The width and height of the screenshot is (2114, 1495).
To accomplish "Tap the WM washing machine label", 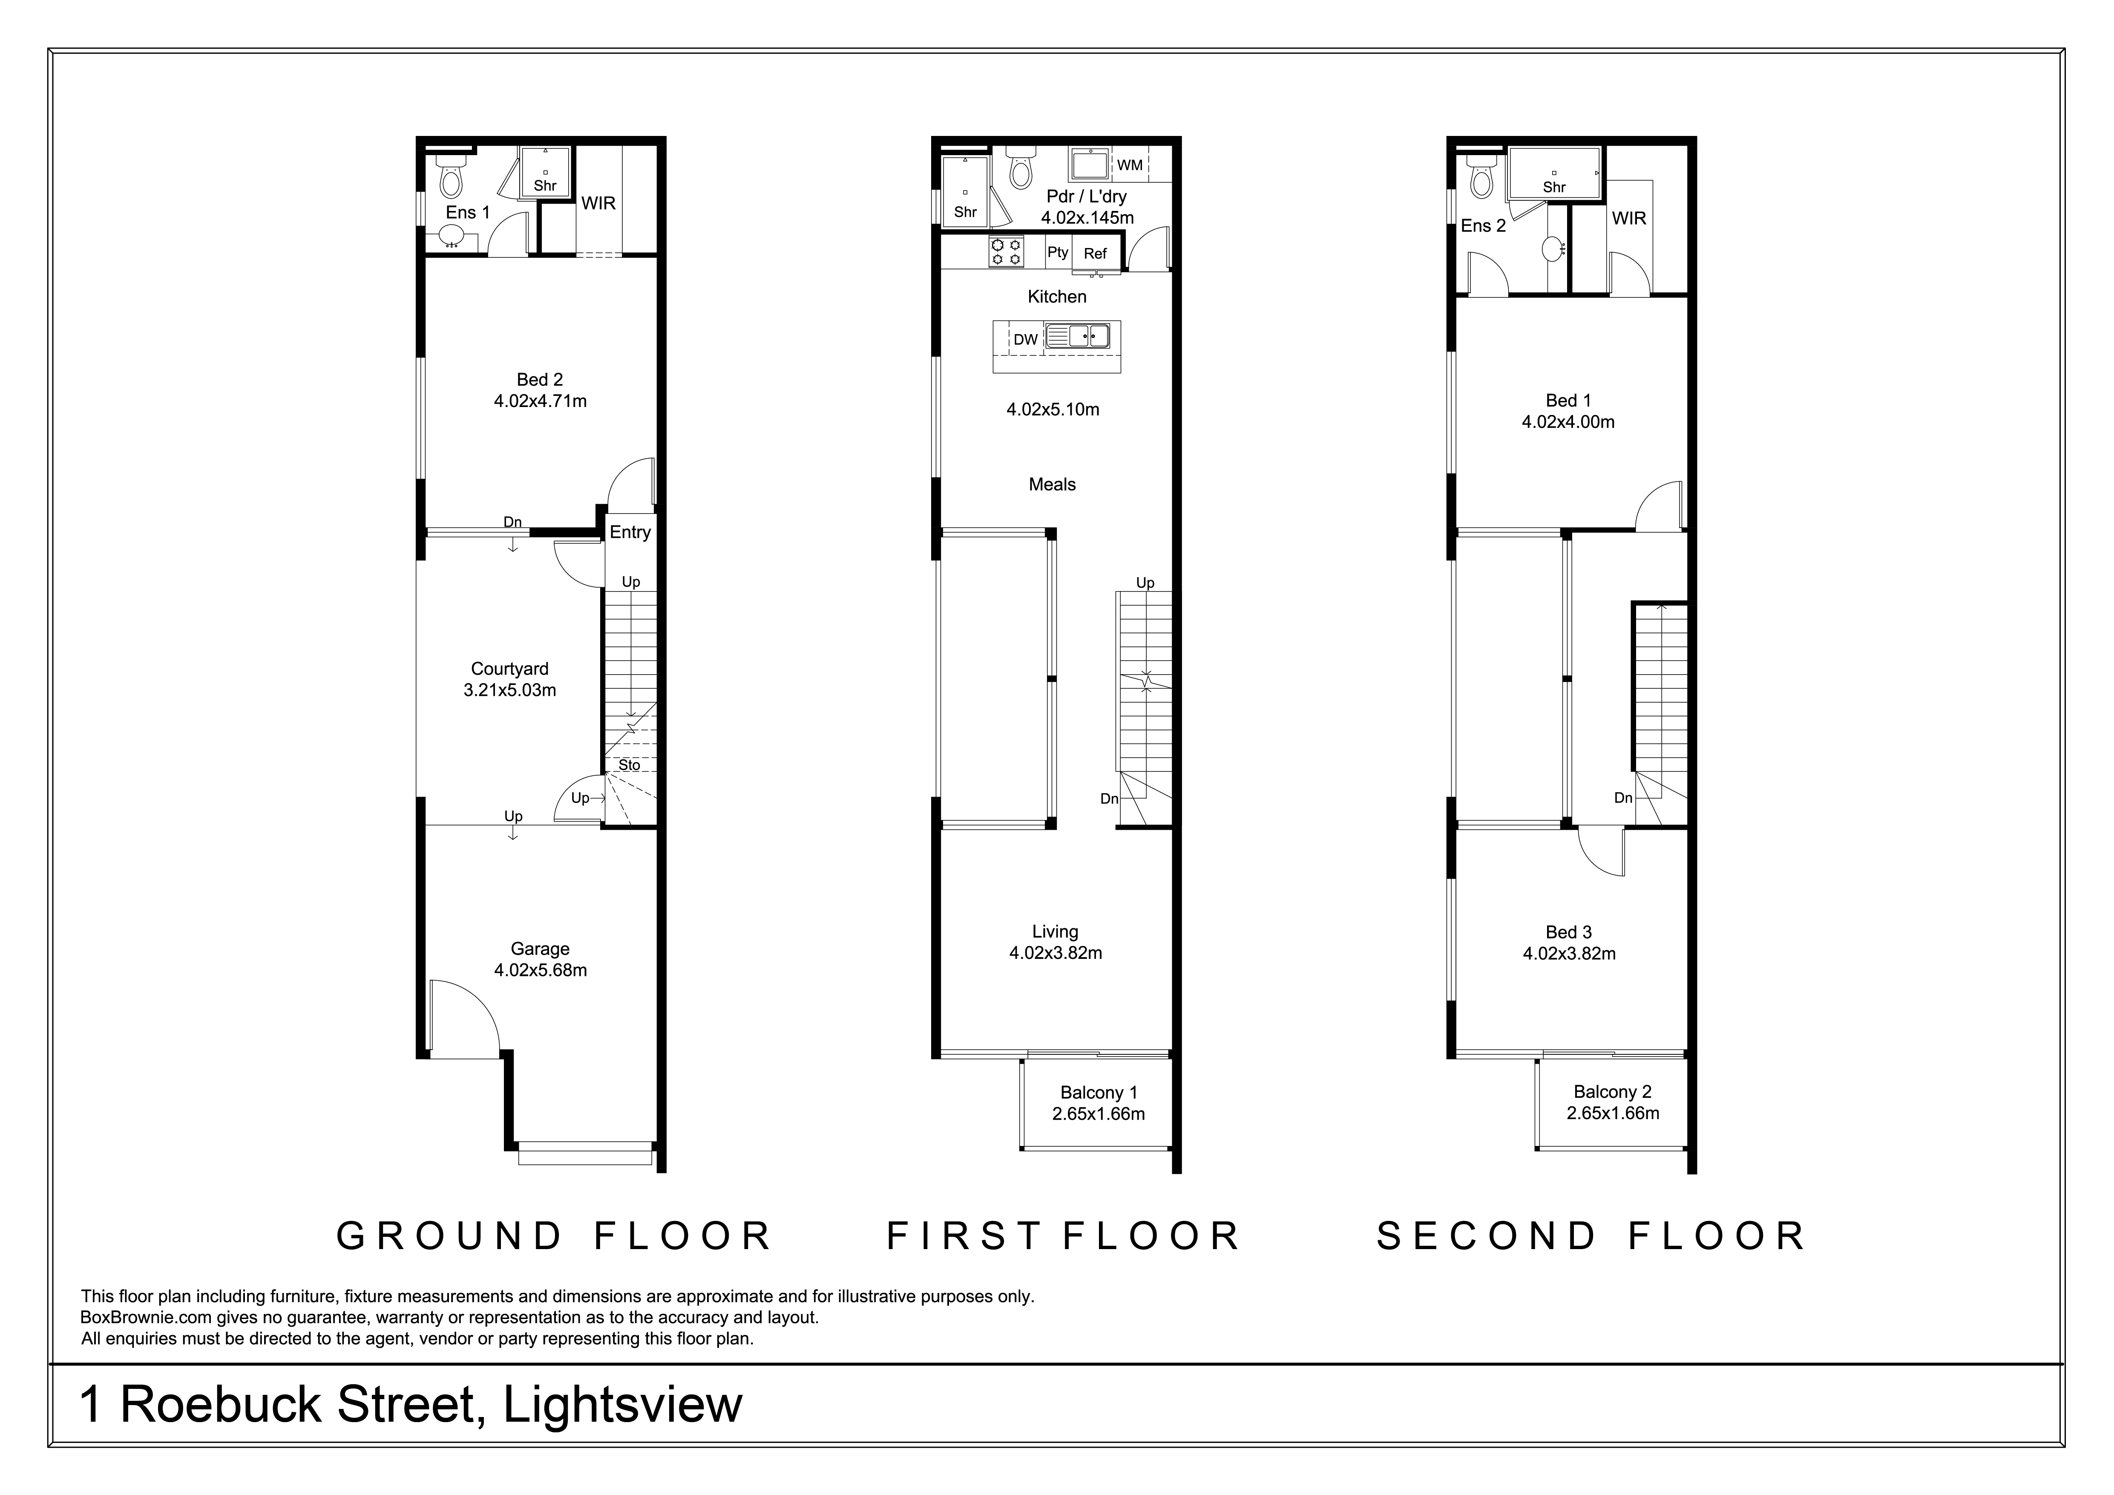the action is (1130, 165).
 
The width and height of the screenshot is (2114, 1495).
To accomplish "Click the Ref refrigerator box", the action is (1096, 253).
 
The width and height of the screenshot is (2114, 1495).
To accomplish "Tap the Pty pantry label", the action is (1058, 251).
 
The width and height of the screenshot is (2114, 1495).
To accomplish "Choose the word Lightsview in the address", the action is (622, 1405).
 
